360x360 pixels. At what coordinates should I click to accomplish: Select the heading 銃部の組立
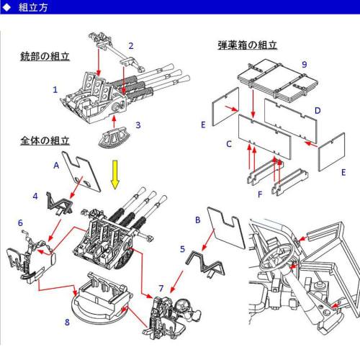[x=44, y=56]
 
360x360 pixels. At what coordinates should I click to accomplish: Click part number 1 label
[x=55, y=90]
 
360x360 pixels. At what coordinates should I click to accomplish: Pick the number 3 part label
[x=138, y=125]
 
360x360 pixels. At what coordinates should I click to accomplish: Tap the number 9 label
[x=305, y=64]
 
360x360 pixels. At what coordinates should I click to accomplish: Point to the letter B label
[x=197, y=218]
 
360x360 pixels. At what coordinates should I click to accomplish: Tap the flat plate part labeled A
[x=81, y=168]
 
